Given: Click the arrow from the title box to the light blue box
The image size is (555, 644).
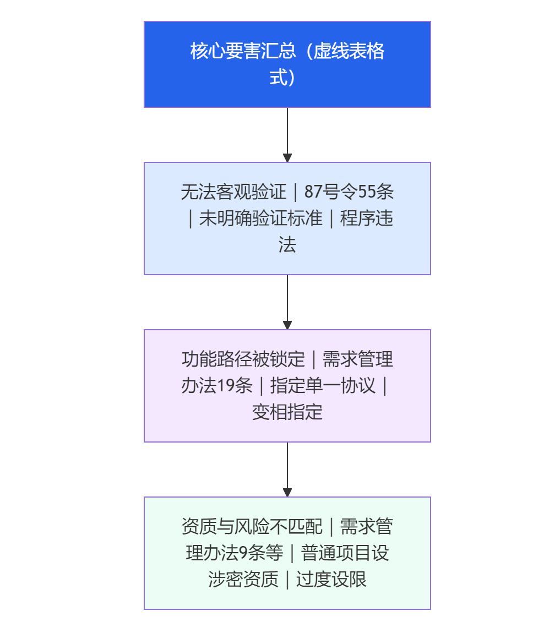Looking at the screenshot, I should point(287,135).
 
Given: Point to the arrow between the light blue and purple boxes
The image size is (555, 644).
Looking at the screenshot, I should point(287,302).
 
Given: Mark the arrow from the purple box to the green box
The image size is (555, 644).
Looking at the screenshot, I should point(287,470).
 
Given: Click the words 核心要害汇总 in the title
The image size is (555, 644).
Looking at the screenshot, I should point(243,51).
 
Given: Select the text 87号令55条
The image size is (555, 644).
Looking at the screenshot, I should point(349,192).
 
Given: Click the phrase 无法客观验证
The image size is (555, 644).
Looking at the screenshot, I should point(233,192).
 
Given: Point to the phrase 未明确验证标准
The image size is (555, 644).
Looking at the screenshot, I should point(260,219).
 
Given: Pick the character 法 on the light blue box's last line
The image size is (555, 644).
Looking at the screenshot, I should point(287,244).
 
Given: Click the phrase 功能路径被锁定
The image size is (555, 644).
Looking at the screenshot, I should point(243,359).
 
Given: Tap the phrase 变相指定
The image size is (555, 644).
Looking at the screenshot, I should point(287,412).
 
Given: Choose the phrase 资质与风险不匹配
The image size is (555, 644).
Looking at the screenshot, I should point(252,527).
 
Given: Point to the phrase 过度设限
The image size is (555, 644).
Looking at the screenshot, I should point(331,579).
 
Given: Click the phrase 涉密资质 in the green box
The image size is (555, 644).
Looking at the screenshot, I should point(243,579).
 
